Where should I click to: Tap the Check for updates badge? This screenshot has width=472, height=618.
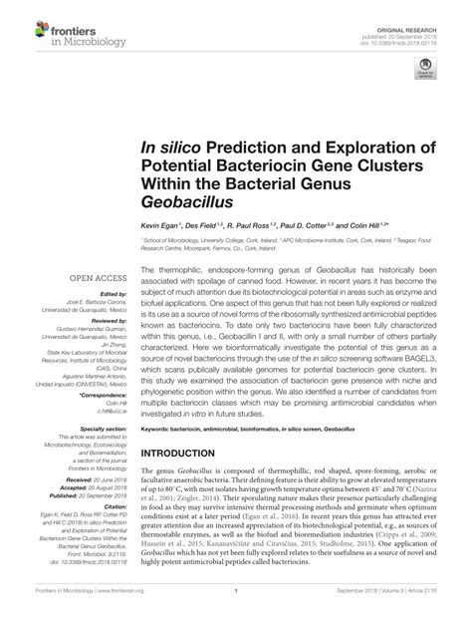click(427, 70)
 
